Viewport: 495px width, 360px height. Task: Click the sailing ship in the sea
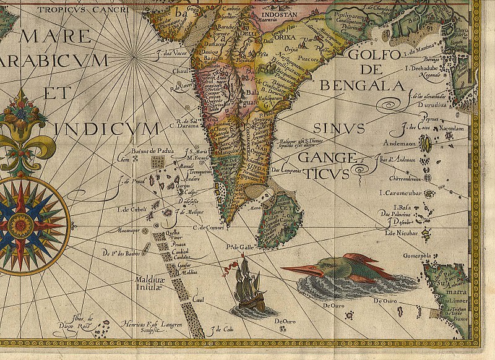coord(246,283)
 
